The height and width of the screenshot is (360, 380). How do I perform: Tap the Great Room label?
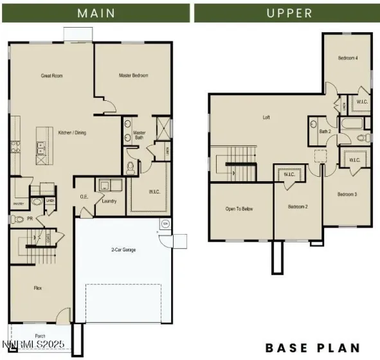[x=52, y=76]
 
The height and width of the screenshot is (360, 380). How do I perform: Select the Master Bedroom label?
[x=133, y=76]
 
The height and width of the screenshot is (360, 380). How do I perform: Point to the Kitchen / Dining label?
[x=73, y=133]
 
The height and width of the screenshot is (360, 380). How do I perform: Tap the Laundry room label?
[x=109, y=201]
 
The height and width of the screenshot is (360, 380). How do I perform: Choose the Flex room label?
[x=37, y=288]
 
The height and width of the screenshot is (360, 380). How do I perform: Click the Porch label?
[x=39, y=335]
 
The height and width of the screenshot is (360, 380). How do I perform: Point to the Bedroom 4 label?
[x=348, y=59]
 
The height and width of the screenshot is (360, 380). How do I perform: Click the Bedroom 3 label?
[x=347, y=194]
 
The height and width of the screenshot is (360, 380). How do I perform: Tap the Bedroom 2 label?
[x=297, y=206]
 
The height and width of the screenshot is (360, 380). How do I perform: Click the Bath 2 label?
[x=325, y=132]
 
